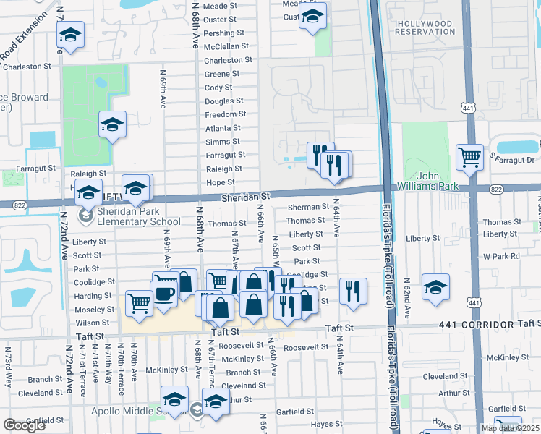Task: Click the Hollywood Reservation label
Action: (x=425, y=27)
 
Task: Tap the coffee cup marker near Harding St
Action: (x=165, y=294)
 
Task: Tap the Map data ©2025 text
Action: (x=510, y=428)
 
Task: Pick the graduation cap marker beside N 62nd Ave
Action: (x=435, y=286)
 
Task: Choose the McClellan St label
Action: (x=228, y=46)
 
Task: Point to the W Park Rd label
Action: (x=502, y=256)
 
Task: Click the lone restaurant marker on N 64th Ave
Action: (x=352, y=291)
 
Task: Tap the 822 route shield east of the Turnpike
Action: (x=495, y=189)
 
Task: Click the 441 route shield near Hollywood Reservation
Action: (x=469, y=108)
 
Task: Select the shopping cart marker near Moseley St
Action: (x=139, y=304)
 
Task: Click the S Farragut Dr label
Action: (x=511, y=159)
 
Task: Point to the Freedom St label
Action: (x=221, y=114)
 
